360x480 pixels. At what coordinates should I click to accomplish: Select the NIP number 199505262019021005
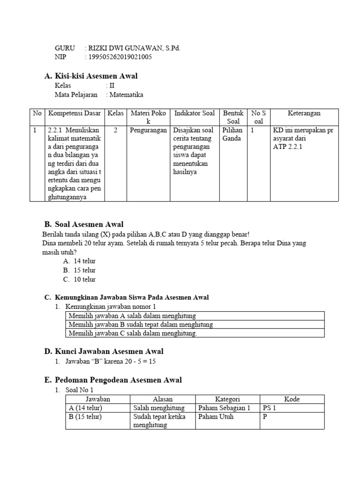tap(120, 57)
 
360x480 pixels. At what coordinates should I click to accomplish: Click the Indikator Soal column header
tap(195, 113)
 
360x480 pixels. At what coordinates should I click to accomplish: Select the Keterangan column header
tap(304, 113)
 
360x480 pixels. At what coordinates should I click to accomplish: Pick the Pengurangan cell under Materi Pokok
tap(148, 130)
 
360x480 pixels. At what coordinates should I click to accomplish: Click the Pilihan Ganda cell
tap(232, 135)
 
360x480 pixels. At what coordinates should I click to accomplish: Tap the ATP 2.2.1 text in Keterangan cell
tap(288, 147)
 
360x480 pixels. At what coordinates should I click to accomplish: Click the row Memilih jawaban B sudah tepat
tap(141, 324)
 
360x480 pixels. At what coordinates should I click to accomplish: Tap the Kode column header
tap(292, 399)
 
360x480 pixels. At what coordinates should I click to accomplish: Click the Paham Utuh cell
tap(216, 417)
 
